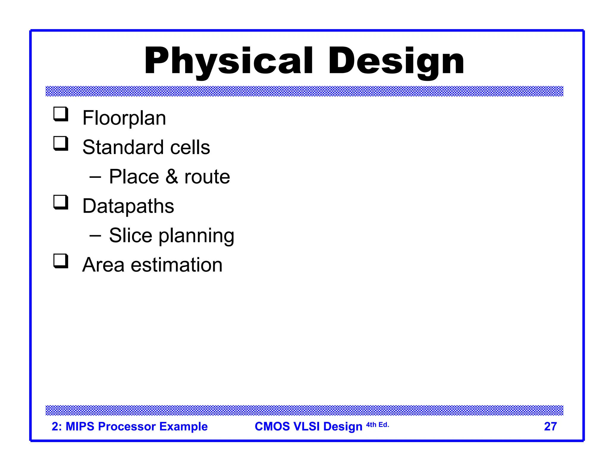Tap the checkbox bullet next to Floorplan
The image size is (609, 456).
[x=61, y=114]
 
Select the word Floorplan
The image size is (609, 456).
[x=124, y=118]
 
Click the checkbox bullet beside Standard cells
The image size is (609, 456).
[x=61, y=143]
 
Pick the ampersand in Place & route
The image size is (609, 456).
[x=172, y=177]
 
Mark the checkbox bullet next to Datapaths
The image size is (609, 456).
[x=61, y=202]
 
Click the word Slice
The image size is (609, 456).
[x=131, y=235]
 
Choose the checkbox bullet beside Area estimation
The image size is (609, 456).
[x=61, y=261]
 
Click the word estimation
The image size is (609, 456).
[x=177, y=265]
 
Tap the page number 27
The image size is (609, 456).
[x=550, y=427]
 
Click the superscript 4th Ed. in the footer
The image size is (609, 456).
[x=377, y=425]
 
